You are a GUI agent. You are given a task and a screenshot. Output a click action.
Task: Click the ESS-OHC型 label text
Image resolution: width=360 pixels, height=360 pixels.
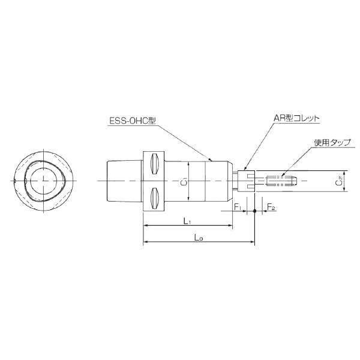[133, 120]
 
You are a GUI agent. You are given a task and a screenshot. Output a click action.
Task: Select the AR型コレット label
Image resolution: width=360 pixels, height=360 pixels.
[296, 119]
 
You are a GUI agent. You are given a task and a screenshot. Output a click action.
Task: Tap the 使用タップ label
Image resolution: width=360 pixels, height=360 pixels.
[332, 143]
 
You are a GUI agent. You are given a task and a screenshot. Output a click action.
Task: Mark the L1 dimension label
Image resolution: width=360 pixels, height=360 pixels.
[187, 221]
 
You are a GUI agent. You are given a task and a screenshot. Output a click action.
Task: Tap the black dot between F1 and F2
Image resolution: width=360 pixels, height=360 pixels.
[255, 211]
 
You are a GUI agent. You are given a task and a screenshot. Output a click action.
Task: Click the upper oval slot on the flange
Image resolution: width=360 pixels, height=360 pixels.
[153, 163]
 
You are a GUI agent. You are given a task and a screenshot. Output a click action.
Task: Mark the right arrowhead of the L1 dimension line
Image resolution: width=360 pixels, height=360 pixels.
[230, 226]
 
